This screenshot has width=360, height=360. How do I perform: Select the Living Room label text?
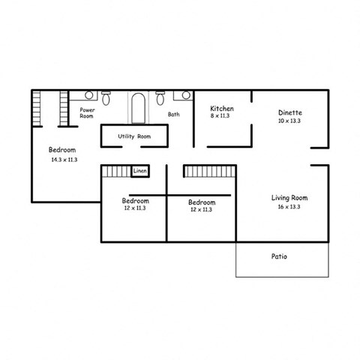tap(289, 198)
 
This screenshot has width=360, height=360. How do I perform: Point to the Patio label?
tap(279, 256)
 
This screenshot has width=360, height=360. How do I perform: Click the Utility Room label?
tap(134, 136)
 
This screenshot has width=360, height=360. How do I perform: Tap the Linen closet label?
tap(139, 172)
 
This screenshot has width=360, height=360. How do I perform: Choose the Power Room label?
tap(87, 113)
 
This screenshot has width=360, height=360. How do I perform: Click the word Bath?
tap(173, 115)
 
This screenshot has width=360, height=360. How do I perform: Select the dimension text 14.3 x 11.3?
tap(64, 160)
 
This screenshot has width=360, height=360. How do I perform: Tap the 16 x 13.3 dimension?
tap(289, 206)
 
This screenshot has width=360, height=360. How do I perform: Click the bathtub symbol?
tap(139, 108)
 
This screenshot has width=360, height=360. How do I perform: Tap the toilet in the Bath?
tap(160, 98)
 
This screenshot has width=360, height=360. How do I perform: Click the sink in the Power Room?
tap(88, 95)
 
